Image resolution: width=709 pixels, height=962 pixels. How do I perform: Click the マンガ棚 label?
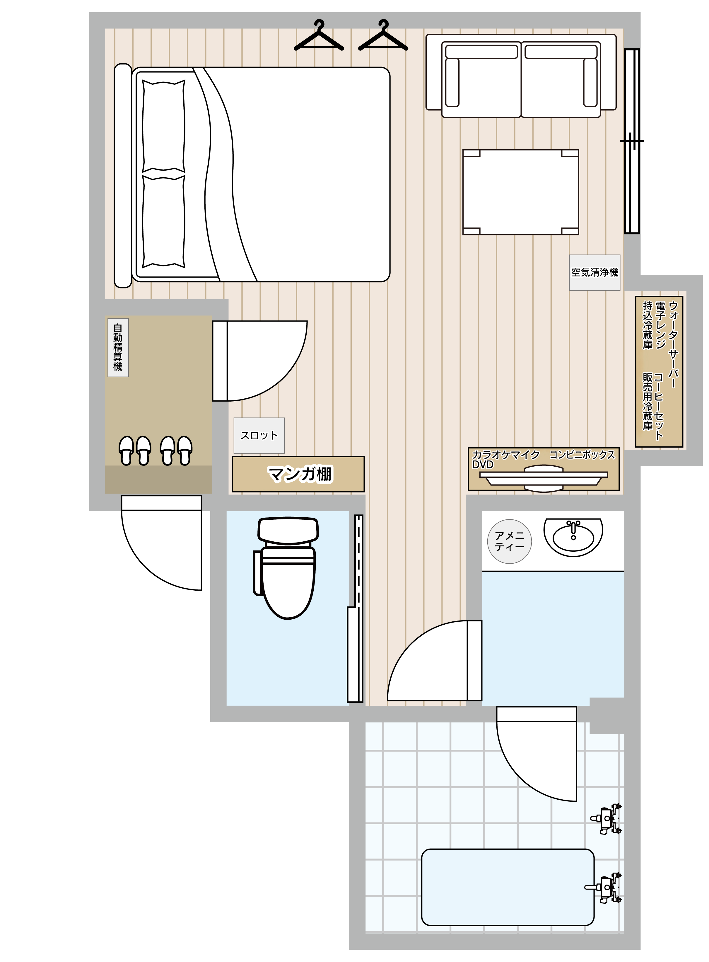[300, 474]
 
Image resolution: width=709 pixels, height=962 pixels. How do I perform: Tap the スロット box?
[259, 436]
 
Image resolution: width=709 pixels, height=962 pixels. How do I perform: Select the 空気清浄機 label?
[594, 272]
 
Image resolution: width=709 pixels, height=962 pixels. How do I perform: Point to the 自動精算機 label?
[118, 347]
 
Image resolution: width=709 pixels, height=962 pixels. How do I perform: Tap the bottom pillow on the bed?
[163, 221]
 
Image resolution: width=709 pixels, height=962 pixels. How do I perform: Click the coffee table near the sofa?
[521, 192]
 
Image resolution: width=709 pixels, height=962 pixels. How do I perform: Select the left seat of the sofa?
[481, 79]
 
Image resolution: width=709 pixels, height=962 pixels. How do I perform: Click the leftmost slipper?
[127, 451]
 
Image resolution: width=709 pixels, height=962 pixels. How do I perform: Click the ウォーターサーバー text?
[673, 344]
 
